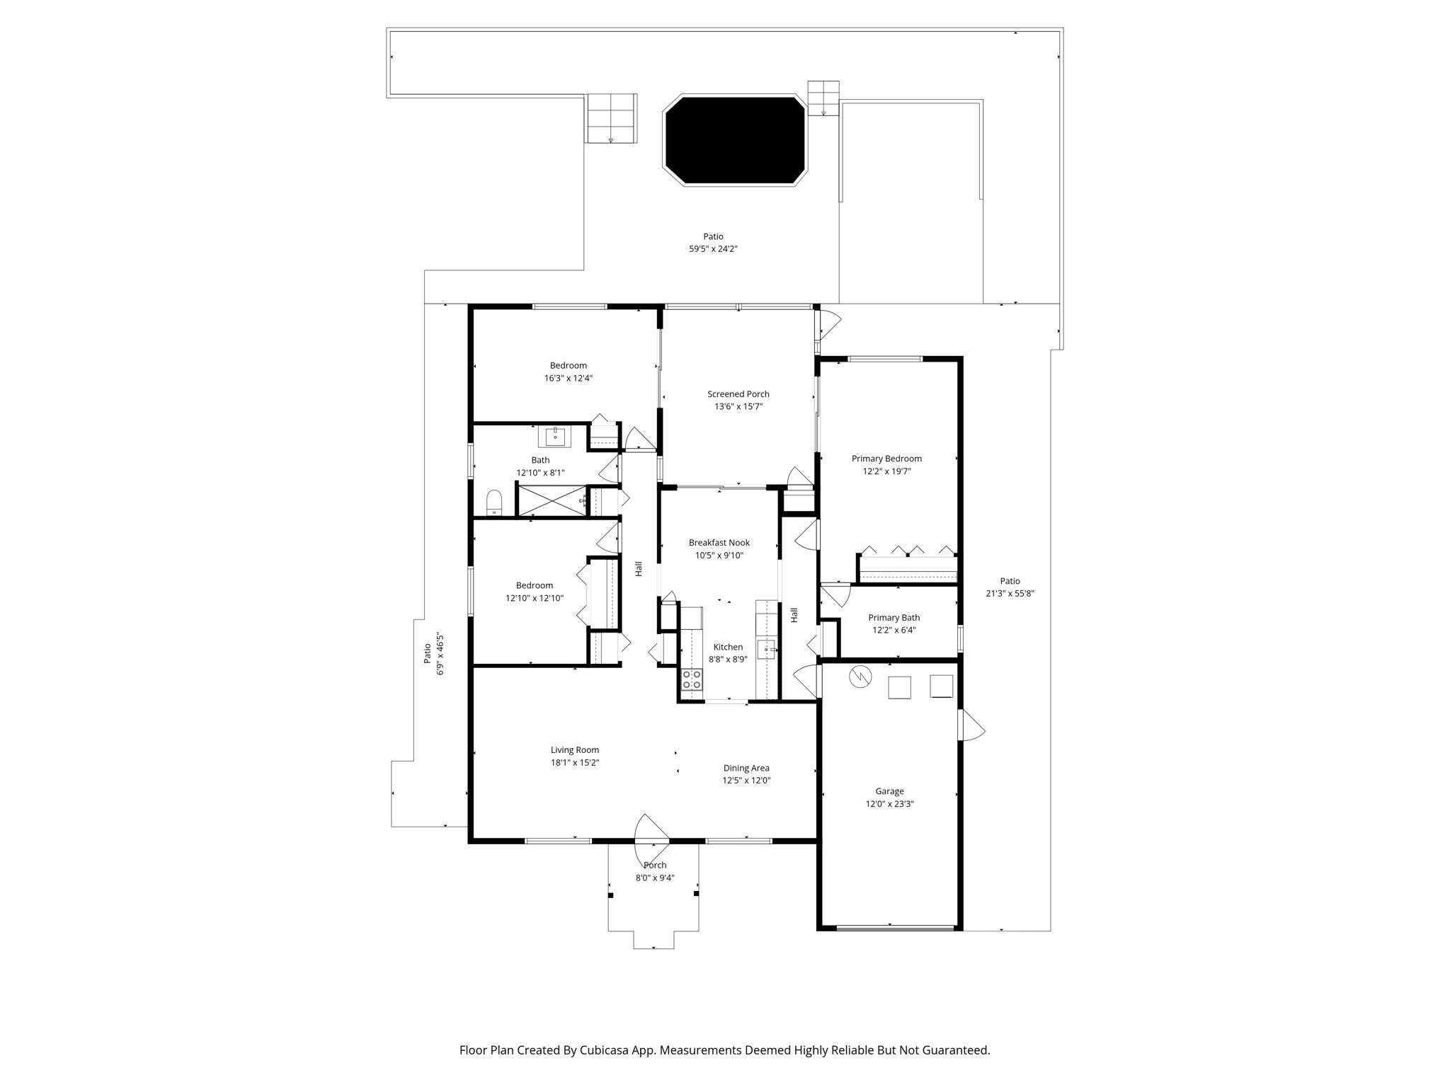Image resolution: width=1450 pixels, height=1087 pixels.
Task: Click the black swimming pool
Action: pyautogui.click(x=735, y=140)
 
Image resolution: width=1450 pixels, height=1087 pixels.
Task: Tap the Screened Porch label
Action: pyautogui.click(x=738, y=394)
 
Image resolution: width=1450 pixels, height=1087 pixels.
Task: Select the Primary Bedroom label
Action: pyautogui.click(x=886, y=459)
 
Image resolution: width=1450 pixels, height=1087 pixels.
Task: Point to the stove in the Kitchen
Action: pyautogui.click(x=692, y=680)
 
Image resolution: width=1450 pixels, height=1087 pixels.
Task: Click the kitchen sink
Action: pyautogui.click(x=766, y=649)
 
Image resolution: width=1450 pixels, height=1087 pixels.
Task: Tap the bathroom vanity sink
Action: pyautogui.click(x=557, y=437)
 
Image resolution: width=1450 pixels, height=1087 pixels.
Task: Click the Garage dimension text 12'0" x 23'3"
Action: pyautogui.click(x=890, y=804)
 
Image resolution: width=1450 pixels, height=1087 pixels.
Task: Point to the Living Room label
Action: pyautogui.click(x=575, y=750)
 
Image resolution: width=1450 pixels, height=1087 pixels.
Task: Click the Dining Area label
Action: pyautogui.click(x=746, y=768)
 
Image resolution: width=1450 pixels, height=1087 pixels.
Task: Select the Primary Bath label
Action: pyautogui.click(x=894, y=618)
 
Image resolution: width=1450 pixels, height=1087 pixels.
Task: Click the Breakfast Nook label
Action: pyautogui.click(x=719, y=543)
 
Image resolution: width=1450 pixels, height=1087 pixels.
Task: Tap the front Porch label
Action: pyautogui.click(x=655, y=865)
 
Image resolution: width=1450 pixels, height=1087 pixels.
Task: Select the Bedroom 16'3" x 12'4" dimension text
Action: pyautogui.click(x=569, y=378)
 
